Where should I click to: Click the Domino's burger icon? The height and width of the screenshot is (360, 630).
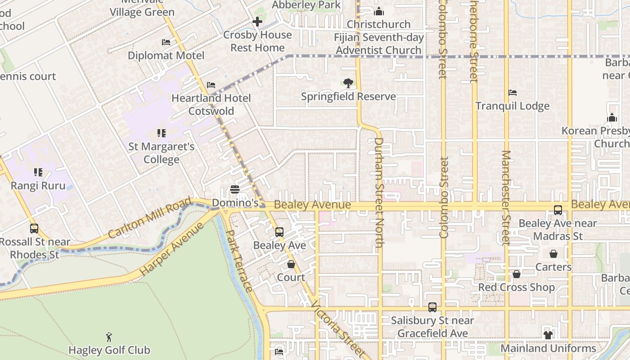point(234,189)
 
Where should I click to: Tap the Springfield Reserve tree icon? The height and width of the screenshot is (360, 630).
point(348,83)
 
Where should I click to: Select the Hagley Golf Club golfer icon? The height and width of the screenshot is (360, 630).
point(109,337)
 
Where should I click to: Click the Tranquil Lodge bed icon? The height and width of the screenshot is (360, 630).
point(513,93)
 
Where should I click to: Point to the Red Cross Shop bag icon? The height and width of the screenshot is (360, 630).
point(517,274)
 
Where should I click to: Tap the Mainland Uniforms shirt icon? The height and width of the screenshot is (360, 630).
point(548,335)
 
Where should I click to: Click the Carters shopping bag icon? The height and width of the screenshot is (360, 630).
point(553,254)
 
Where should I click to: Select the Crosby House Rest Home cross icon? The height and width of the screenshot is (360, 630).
point(257,21)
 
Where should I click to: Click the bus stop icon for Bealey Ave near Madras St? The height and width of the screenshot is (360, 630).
point(558,210)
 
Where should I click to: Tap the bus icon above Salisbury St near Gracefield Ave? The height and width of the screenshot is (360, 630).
point(432,307)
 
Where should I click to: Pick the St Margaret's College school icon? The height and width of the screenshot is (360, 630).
point(162,133)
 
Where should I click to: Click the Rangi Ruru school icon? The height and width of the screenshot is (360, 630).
point(38,172)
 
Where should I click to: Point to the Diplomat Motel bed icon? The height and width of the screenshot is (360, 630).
point(166,42)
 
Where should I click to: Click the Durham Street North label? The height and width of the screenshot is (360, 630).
point(379,193)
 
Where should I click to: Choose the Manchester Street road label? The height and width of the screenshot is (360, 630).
point(505,198)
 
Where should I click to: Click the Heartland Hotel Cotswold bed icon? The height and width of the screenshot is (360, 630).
point(211,85)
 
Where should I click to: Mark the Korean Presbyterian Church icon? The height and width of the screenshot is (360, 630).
point(612,118)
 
